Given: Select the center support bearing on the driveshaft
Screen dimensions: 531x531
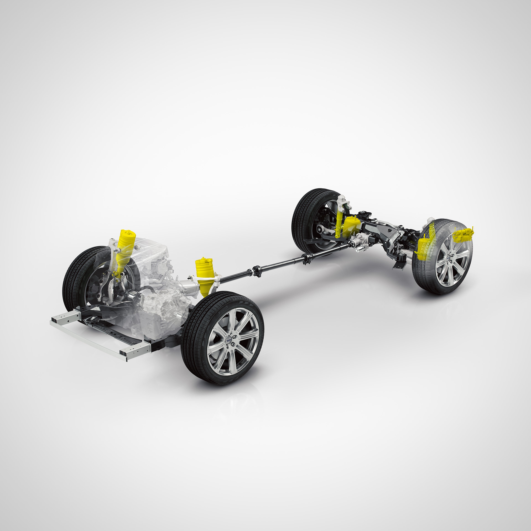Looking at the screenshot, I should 257,271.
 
